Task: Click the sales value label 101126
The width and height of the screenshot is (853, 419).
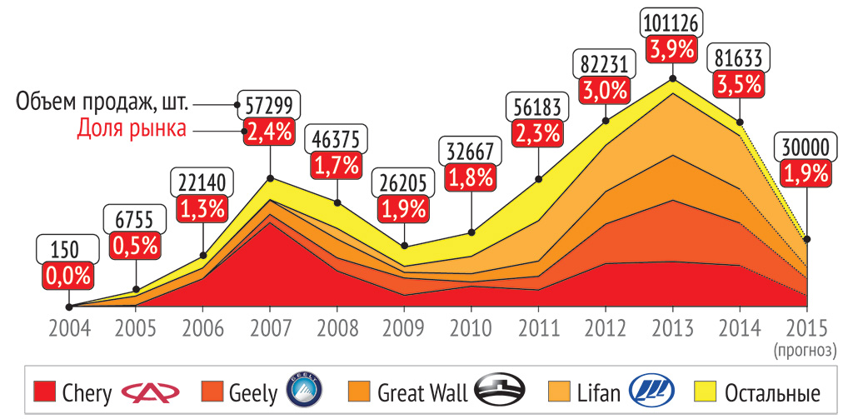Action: click(672, 22)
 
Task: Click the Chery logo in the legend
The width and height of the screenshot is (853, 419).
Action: click(150, 392)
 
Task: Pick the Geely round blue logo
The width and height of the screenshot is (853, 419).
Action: click(303, 391)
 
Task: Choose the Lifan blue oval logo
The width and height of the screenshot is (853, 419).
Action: click(651, 391)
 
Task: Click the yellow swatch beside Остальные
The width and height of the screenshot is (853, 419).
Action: click(707, 392)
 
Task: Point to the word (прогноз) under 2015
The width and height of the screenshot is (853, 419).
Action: click(806, 352)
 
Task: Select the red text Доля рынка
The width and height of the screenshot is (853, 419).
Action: click(132, 128)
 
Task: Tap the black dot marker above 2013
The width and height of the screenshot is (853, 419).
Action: click(673, 79)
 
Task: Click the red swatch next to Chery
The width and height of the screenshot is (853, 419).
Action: click(45, 392)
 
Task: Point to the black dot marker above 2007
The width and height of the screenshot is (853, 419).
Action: click(270, 178)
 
